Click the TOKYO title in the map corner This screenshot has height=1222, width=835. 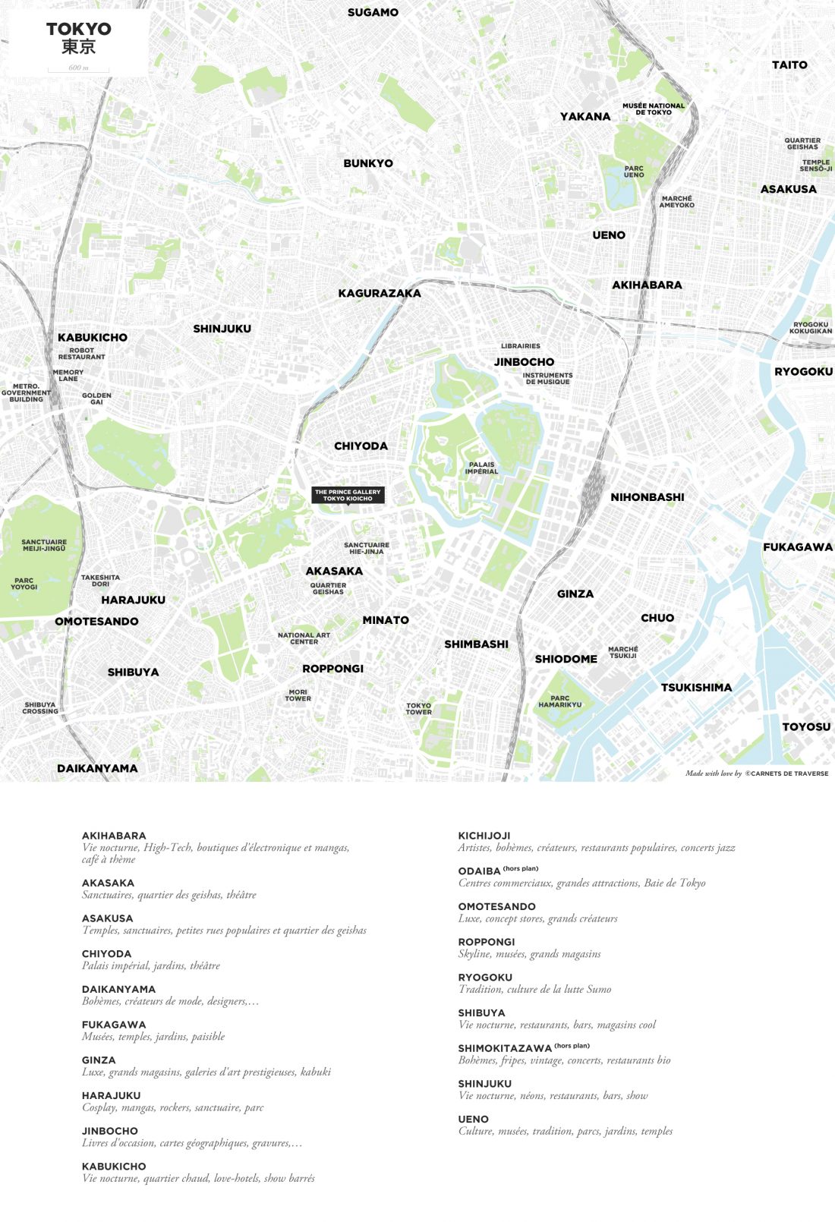click(x=78, y=30)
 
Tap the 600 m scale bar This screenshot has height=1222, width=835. click(x=78, y=69)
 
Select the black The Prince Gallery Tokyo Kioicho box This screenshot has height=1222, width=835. click(x=348, y=495)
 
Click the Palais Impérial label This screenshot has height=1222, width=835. click(x=481, y=468)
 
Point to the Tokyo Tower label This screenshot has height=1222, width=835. click(x=418, y=709)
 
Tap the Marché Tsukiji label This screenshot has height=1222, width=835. click(x=622, y=652)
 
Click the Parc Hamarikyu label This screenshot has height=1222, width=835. click(x=559, y=701)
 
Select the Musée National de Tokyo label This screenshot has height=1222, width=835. click(x=653, y=109)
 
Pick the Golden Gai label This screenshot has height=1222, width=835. click(x=96, y=398)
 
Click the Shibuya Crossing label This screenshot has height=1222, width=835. click(x=40, y=707)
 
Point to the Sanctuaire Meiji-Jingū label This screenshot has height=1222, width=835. click(x=44, y=545)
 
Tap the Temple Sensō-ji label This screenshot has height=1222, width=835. click(x=815, y=165)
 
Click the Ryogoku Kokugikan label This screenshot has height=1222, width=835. click(x=810, y=328)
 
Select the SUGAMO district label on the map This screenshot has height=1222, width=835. click(x=373, y=13)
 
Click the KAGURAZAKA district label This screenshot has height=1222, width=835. click(x=379, y=294)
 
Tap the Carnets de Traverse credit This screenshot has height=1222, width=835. click(x=786, y=773)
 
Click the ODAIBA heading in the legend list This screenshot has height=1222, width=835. click(x=479, y=871)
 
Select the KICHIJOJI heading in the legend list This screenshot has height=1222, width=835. click(x=484, y=836)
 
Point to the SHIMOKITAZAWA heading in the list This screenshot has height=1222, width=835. click(x=504, y=1048)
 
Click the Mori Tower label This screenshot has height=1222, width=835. click(x=298, y=695)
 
